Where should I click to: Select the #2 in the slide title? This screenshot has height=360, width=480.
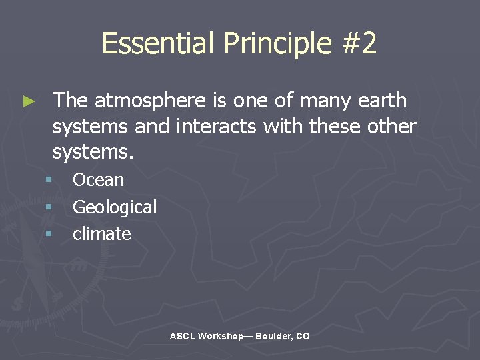tap(358, 44)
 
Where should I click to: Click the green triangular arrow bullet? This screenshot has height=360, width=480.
tap(28, 101)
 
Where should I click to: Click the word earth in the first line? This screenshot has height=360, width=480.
tap(382, 101)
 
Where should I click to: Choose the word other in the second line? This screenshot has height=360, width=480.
tap(391, 127)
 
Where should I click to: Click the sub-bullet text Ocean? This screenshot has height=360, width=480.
tap(98, 180)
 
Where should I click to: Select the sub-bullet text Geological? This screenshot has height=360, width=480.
tap(115, 207)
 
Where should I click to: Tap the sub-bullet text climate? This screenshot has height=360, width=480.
tap(101, 234)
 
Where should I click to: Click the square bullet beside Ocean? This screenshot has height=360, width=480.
tap(49, 180)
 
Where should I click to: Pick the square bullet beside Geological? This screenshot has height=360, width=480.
tap(49, 207)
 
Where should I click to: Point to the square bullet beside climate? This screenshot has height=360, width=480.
tap(49, 234)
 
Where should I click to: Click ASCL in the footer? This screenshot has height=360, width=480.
tap(182, 337)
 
